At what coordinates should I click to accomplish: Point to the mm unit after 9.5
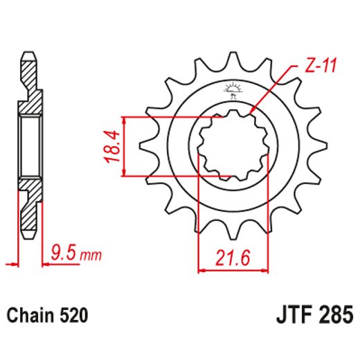(90, 255)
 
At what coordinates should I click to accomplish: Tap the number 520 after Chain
(73, 316)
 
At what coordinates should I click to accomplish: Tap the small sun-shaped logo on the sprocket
(231, 89)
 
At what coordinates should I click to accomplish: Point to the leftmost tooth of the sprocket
(146, 147)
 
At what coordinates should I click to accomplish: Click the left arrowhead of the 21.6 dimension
(203, 269)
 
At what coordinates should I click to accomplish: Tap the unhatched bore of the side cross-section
(29, 146)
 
